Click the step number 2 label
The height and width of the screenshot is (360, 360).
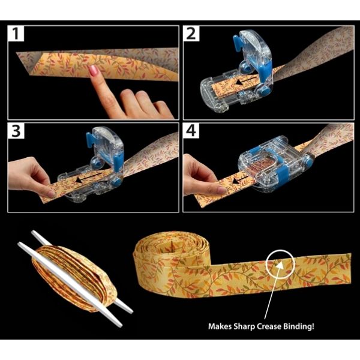point(191,34)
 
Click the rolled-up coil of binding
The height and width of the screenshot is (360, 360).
point(159,258)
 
